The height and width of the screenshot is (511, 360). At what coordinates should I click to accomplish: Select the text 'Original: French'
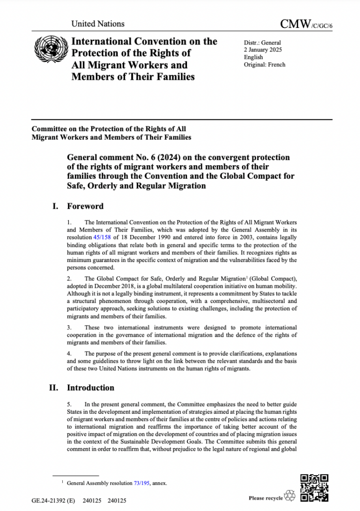click(265, 65)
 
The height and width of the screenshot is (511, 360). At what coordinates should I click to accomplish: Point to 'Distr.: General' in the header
click(263, 43)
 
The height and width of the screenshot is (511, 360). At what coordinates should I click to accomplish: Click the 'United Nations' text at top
click(98, 23)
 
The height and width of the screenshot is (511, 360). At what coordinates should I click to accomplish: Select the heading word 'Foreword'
click(85, 206)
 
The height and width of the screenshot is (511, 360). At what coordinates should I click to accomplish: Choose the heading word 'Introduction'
click(91, 388)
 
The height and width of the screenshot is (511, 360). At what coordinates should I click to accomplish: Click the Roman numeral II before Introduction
click(55, 388)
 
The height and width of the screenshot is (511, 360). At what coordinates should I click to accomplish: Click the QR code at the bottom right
click(315, 487)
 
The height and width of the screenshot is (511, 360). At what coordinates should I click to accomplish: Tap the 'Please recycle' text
click(265, 498)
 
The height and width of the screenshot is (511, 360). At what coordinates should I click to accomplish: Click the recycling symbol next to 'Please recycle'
click(290, 497)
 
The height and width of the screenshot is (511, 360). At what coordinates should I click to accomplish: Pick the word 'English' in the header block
click(254, 57)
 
